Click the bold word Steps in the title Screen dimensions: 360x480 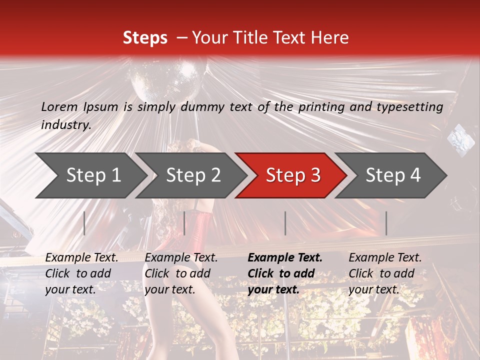coord(145,38)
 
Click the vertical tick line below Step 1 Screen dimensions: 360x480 coord(84,223)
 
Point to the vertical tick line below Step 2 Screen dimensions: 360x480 coord(184,223)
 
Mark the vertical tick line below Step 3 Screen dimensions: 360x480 coord(285,223)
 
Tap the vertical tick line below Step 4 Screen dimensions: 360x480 coord(386,223)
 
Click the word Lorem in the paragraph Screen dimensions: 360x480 coord(59,107)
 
